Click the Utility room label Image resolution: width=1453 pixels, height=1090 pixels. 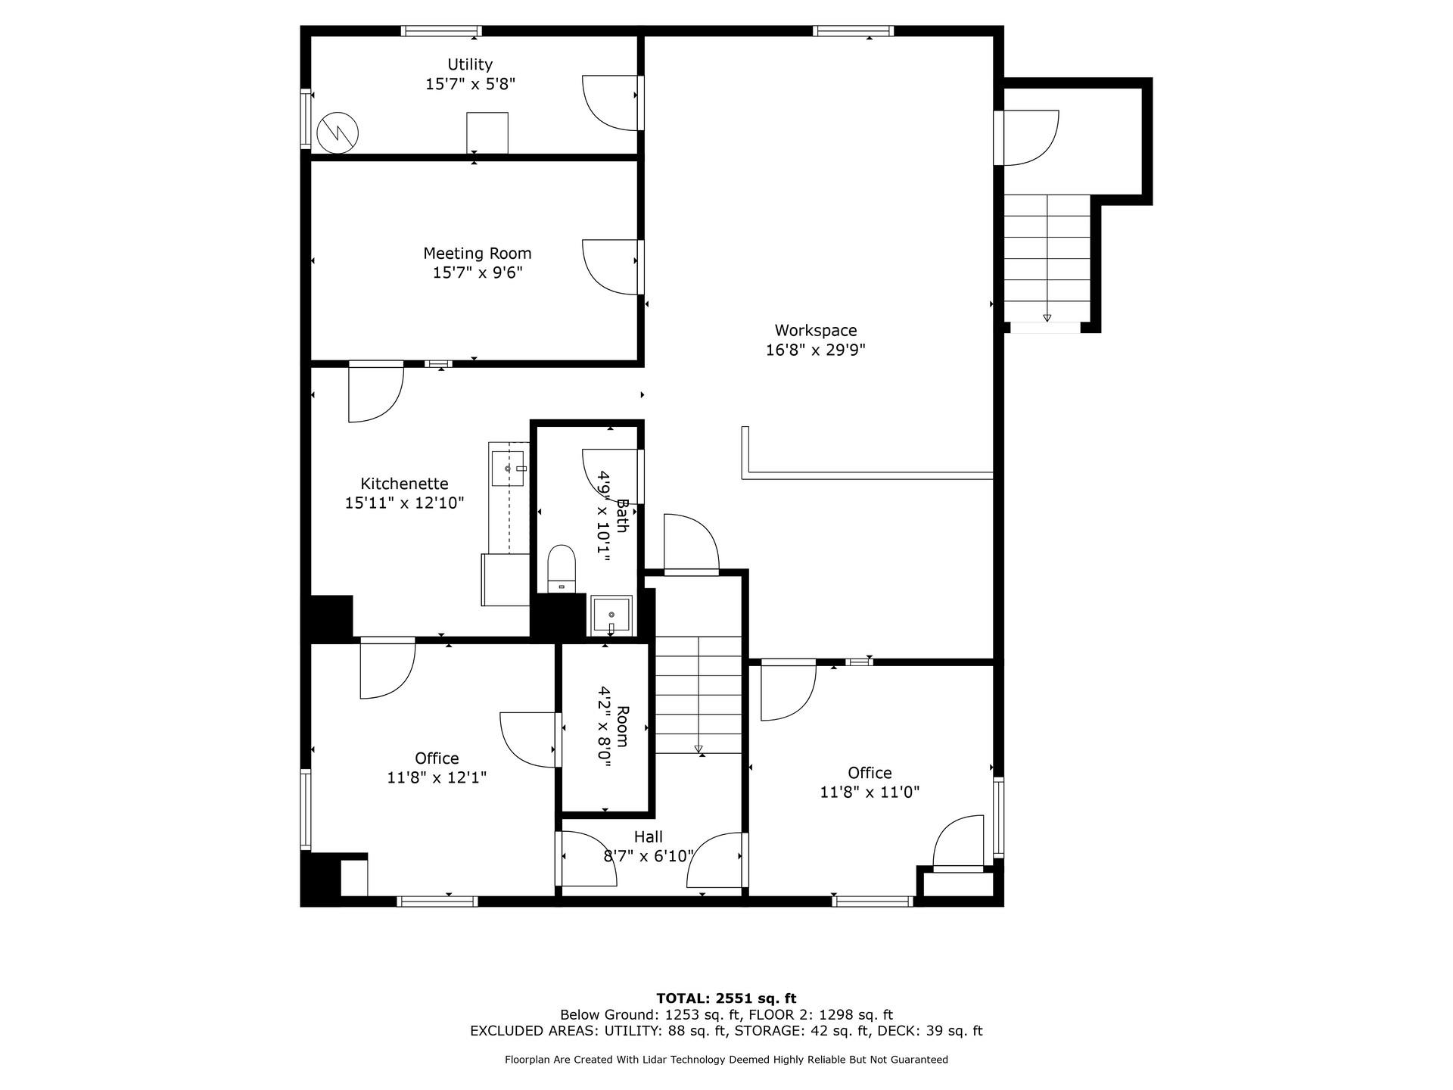(x=470, y=65)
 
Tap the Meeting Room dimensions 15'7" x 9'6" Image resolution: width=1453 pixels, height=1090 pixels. (x=478, y=272)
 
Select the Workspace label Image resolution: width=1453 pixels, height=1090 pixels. (x=815, y=331)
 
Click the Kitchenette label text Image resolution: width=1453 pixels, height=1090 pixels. (x=404, y=484)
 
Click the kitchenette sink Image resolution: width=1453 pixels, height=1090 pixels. (x=508, y=469)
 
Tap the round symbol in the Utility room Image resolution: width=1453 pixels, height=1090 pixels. (x=337, y=132)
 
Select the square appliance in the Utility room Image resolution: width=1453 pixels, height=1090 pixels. (x=487, y=133)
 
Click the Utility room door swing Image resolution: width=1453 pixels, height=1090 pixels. (x=608, y=102)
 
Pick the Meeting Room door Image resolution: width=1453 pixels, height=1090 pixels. (x=609, y=266)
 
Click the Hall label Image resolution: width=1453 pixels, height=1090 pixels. (x=649, y=837)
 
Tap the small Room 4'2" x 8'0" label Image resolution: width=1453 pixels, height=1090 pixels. (x=612, y=727)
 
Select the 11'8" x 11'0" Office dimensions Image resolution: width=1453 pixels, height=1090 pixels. (x=870, y=793)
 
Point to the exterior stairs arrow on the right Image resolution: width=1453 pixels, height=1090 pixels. (x=1047, y=316)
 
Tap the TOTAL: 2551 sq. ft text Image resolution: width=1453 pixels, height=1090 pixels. (x=726, y=998)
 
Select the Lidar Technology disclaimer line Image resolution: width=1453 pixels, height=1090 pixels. (x=726, y=1060)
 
